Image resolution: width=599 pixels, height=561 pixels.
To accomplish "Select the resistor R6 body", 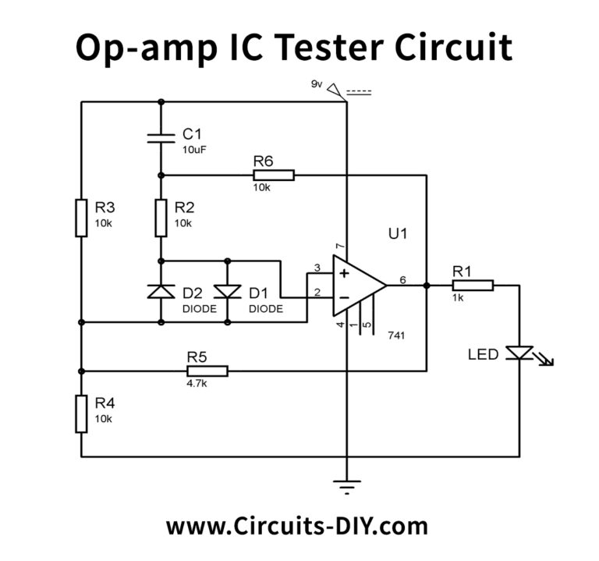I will coord(273,175).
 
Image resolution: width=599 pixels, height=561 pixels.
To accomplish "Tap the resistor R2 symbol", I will coord(161,218).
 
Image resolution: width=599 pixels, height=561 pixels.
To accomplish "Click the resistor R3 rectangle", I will coord(81,218).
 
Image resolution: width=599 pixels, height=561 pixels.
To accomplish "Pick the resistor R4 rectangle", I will coord(81,414).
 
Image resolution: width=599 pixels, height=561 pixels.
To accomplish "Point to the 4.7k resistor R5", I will coord(206,371).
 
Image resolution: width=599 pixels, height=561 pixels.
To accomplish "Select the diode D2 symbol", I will coord(161,292).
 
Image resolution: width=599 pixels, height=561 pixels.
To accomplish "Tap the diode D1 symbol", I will coord(227,292).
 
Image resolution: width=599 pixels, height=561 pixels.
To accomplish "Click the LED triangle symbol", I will coord(519,354).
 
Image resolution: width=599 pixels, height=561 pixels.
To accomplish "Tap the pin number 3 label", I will coord(317,268).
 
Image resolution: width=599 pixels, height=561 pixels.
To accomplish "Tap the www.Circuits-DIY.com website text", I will coord(296,525).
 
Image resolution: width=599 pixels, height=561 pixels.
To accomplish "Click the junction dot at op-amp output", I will coord(426,286).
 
